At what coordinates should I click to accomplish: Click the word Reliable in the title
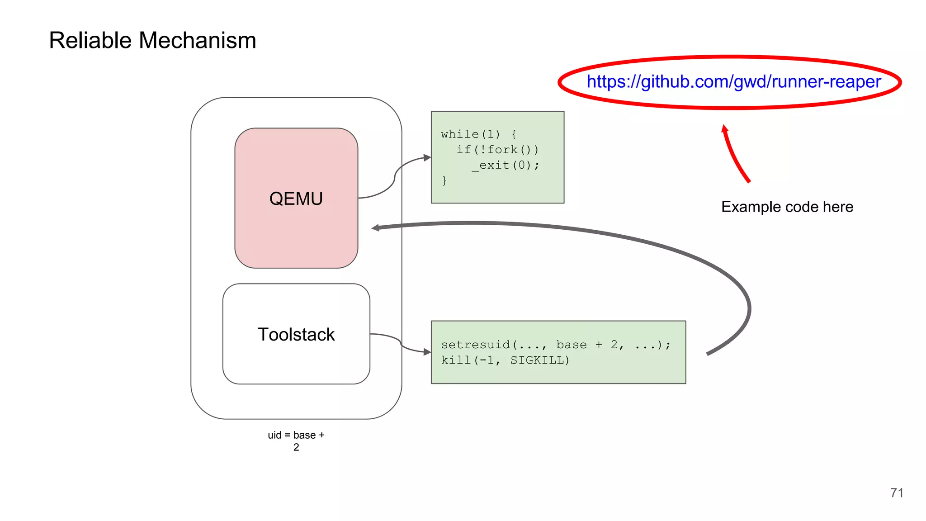90,40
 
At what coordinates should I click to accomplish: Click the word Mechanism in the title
197,40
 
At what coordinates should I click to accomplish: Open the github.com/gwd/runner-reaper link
733,82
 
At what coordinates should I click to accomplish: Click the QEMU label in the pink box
296,199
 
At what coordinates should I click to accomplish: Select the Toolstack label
296,335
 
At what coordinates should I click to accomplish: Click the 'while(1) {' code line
478,134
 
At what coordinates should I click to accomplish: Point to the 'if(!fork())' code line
497,150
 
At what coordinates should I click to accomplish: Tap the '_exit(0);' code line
506,165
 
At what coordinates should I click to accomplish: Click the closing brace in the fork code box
444,180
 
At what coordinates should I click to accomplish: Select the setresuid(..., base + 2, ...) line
556,345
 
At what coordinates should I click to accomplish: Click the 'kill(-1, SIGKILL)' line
505,360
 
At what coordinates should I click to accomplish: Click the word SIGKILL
539,360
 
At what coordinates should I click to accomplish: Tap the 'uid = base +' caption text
296,435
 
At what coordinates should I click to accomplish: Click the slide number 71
897,493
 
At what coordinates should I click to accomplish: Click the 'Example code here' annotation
787,207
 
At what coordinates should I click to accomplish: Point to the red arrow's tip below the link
724,128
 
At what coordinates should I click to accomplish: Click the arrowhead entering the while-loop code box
427,157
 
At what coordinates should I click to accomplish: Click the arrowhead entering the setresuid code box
427,352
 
